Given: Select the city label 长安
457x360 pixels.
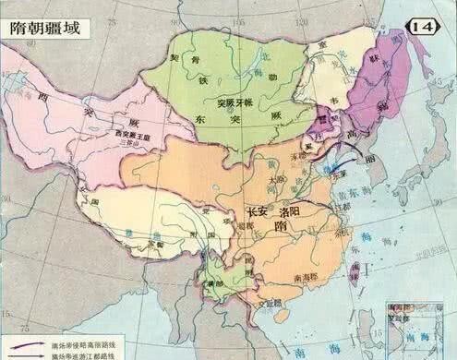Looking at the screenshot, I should pos(261,210).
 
